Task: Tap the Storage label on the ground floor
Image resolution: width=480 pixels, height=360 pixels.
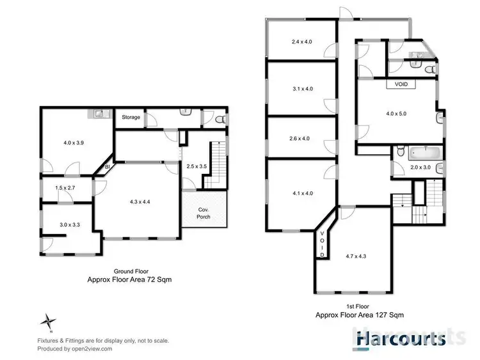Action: (131, 117)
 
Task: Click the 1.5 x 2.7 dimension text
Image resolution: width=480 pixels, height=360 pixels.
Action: (65, 188)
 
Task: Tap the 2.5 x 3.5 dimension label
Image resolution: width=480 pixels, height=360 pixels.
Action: (196, 166)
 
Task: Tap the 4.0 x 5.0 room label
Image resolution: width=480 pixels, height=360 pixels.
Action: (396, 113)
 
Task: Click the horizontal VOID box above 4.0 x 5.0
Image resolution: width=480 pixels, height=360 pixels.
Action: (401, 84)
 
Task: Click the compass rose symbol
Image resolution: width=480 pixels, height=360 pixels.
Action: (49, 320)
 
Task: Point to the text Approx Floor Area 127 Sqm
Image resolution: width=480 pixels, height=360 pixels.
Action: (359, 315)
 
